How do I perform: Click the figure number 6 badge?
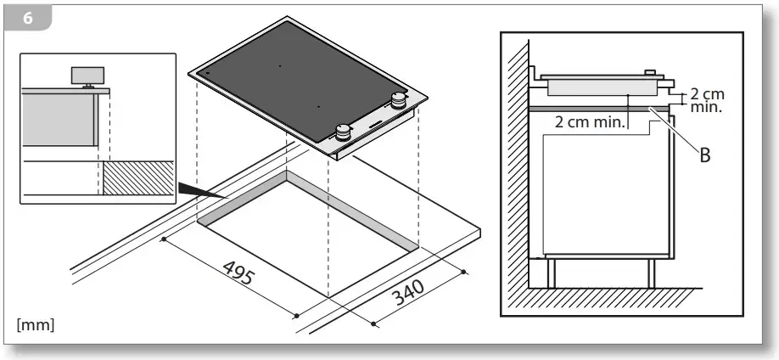[x=27, y=19]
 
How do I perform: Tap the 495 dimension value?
[x=239, y=273]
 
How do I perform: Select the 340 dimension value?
[x=408, y=292]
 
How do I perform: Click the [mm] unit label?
[x=36, y=325]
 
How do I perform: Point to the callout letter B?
[x=705, y=155]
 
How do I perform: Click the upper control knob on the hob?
[x=398, y=100]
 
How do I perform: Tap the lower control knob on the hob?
[x=342, y=132]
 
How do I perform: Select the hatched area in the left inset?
[x=138, y=178]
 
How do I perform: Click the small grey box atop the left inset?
[x=88, y=76]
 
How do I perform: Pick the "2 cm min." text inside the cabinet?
[x=589, y=121]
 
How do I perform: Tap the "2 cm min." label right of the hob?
[x=707, y=100]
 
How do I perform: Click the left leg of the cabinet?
[x=551, y=273]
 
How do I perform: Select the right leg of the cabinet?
[x=652, y=273]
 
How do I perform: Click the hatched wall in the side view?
[x=517, y=164]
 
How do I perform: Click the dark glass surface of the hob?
[x=298, y=80]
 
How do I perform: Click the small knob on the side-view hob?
[x=650, y=73]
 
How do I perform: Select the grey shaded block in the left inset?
[x=60, y=120]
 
